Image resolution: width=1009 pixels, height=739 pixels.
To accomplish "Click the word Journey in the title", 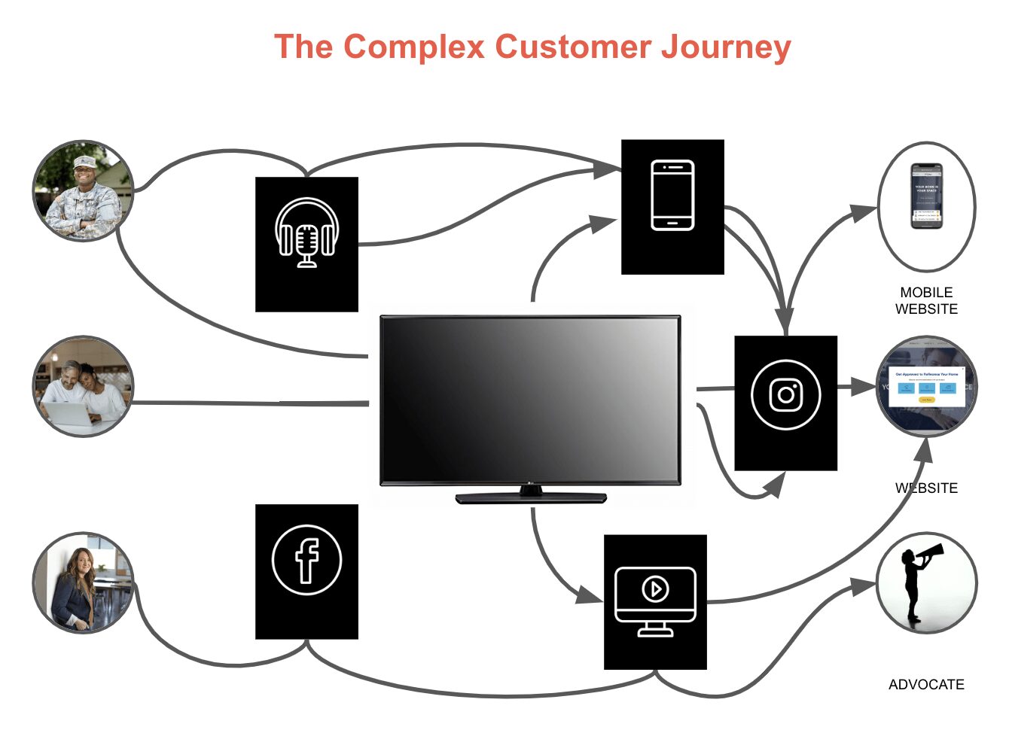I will coord(726,47).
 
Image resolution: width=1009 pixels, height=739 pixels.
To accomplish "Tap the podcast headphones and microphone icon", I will coord(306,233).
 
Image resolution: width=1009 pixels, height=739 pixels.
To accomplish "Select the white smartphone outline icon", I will coord(672,195).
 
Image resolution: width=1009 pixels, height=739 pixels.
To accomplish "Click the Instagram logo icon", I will coord(785,394).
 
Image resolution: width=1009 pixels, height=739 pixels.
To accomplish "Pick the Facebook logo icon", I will coord(306,560).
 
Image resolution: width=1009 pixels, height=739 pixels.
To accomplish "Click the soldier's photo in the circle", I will coord(83,190).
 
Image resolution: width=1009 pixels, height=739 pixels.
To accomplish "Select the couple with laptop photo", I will coord(83,386).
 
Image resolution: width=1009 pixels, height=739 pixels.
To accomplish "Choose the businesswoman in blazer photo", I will coord(83,582).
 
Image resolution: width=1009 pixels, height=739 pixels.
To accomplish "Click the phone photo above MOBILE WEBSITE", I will coord(926,196).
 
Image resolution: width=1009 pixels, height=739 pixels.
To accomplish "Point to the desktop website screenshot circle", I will coord(926,386).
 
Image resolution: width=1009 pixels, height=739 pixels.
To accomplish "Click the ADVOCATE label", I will coord(926,684).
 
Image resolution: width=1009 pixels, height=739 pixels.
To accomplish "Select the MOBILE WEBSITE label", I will coord(926,300).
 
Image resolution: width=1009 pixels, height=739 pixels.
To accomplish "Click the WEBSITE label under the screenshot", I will coord(926,488).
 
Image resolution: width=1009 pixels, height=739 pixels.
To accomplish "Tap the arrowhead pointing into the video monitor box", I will coord(589,595).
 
